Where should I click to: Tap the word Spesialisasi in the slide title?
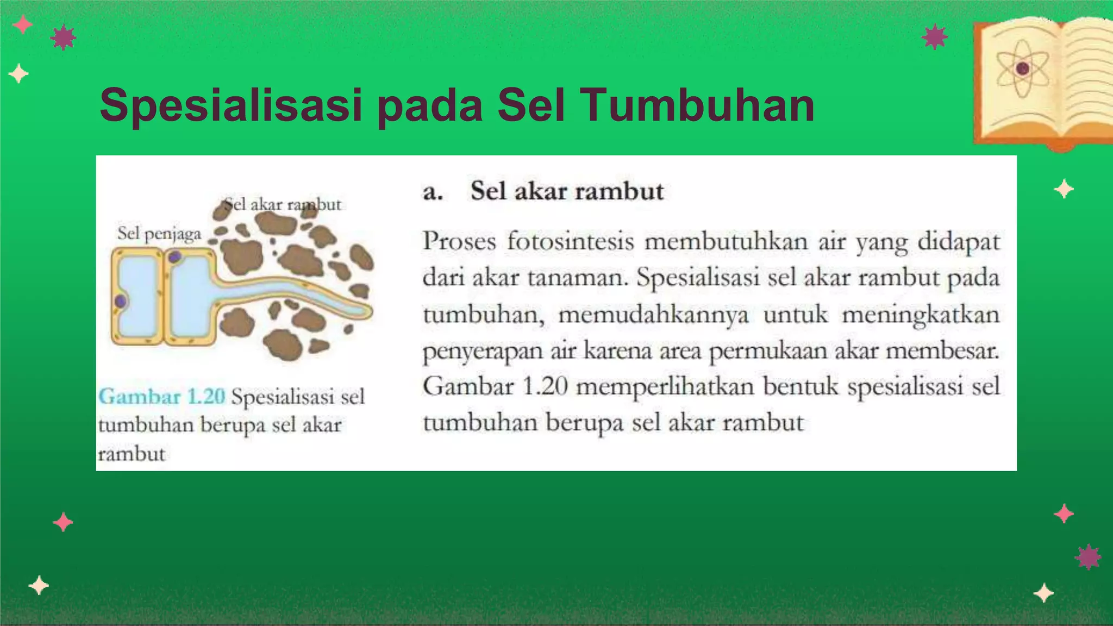[x=232, y=106]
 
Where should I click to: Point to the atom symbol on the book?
[x=1022, y=69]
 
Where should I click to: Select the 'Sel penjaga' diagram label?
[x=159, y=234]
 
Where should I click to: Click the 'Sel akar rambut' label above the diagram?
[x=283, y=205]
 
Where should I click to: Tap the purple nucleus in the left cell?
[x=120, y=301]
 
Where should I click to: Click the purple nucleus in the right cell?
[x=175, y=256]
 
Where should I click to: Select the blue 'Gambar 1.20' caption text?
[x=162, y=396]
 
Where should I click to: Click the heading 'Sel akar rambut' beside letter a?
[x=567, y=191]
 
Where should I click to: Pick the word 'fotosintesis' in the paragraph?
[x=570, y=241]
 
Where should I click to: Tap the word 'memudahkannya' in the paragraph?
[x=653, y=314]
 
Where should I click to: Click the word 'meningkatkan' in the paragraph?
[x=921, y=314]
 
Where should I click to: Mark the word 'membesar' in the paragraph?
[x=942, y=350]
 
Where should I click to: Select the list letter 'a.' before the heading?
[x=433, y=192]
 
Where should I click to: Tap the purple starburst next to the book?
[x=934, y=37]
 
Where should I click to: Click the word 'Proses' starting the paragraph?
[x=459, y=241]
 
